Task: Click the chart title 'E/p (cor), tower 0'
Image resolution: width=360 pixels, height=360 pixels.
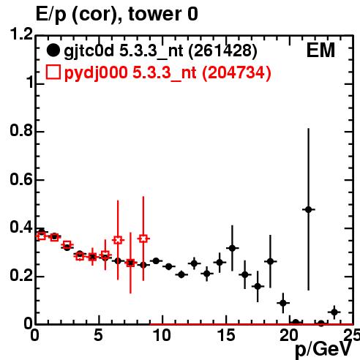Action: (x=116, y=14)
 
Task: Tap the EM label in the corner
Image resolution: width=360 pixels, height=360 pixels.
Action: (x=320, y=50)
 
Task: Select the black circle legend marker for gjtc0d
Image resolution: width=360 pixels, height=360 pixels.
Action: (x=53, y=50)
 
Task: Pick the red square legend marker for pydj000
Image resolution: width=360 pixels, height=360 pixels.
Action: (x=53, y=72)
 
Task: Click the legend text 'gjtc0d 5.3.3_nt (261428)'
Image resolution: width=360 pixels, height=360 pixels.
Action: (x=160, y=52)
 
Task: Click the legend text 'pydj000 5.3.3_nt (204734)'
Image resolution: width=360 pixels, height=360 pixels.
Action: (x=168, y=73)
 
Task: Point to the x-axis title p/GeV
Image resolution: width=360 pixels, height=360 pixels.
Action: (x=323, y=350)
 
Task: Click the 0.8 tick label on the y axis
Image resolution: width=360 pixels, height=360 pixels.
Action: (x=21, y=131)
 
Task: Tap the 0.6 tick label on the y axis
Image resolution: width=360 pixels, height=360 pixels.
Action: (x=21, y=179)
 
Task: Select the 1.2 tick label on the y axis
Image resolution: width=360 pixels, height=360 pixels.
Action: (x=21, y=34)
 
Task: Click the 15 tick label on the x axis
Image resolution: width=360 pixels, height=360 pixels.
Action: (x=226, y=335)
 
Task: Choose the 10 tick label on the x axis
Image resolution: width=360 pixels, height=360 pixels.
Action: (x=162, y=335)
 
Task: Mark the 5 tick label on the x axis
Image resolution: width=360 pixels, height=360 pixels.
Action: (x=99, y=335)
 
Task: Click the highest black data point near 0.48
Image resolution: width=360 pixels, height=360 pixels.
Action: (x=308, y=209)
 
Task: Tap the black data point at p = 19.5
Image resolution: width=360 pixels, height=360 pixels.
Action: (x=283, y=303)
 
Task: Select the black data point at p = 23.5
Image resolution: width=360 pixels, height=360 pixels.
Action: (x=334, y=312)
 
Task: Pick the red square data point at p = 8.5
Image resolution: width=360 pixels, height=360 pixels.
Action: (x=143, y=239)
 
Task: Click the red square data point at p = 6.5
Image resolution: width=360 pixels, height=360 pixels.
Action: (x=118, y=240)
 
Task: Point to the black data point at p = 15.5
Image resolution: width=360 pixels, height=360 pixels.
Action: (x=232, y=248)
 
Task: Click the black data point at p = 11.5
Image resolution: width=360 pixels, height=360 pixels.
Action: (x=181, y=274)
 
